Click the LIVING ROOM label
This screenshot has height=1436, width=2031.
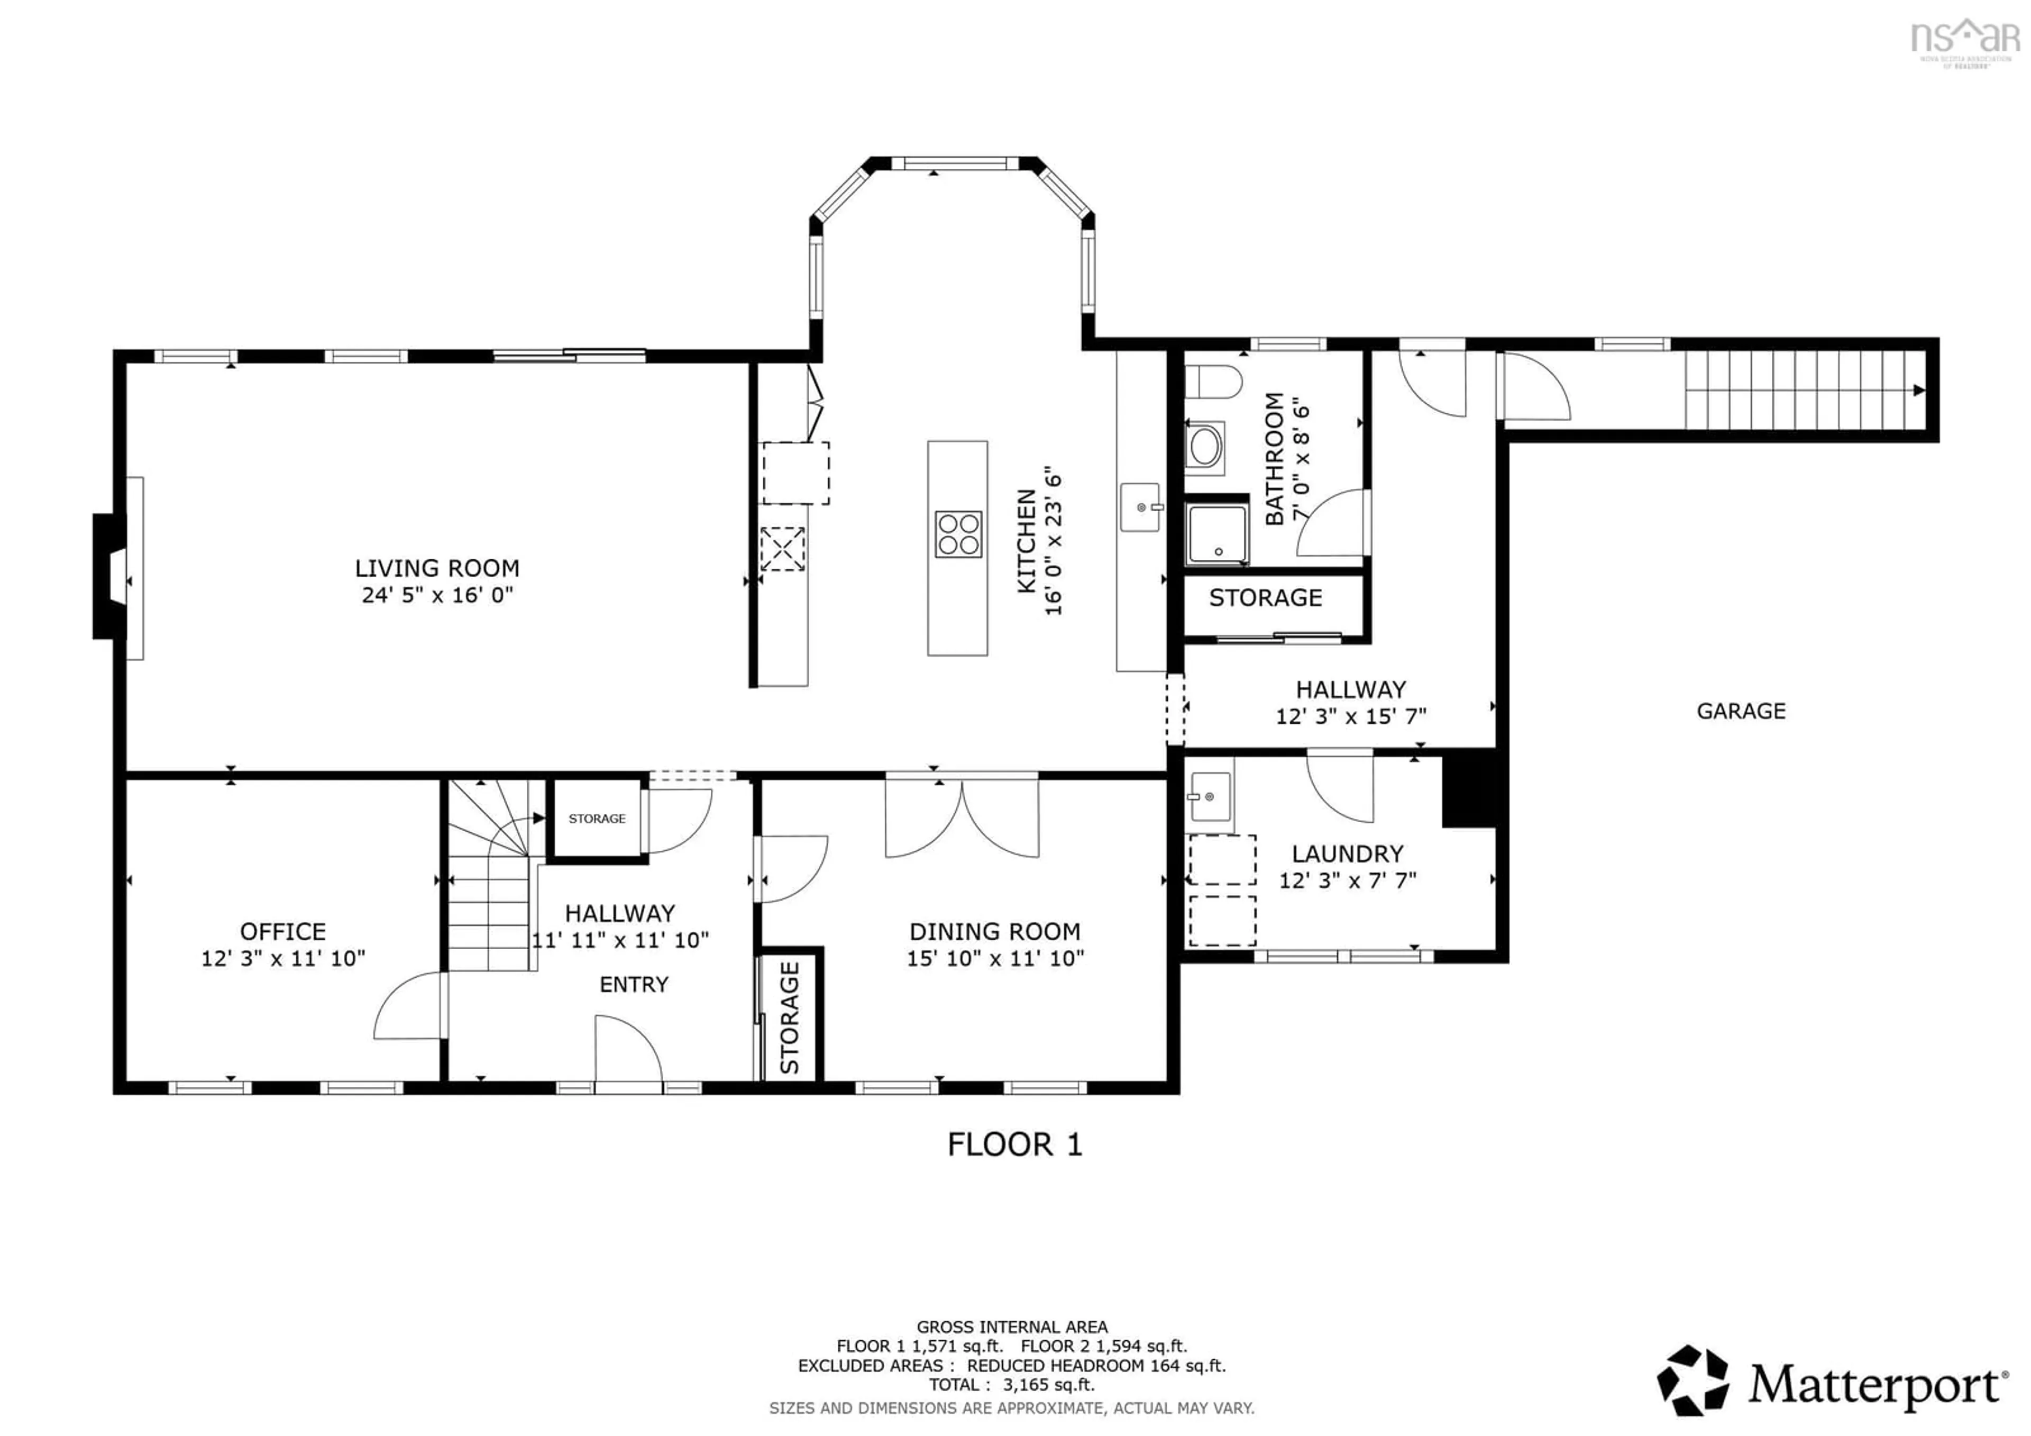pyautogui.click(x=437, y=568)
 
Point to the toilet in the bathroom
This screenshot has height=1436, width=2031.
pyautogui.click(x=1212, y=382)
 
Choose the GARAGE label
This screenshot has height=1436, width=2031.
pyautogui.click(x=1740, y=711)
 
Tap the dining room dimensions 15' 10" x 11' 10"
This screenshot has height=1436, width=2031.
pyautogui.click(x=995, y=958)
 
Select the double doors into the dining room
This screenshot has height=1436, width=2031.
pyautogui.click(x=962, y=819)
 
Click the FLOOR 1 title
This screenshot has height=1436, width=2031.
pyautogui.click(x=1014, y=1145)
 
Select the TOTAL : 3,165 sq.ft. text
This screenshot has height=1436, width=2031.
pyautogui.click(x=1011, y=1385)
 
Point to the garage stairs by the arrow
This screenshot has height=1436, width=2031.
pyautogui.click(x=1805, y=390)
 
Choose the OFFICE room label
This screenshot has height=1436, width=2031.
pyautogui.click(x=283, y=932)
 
